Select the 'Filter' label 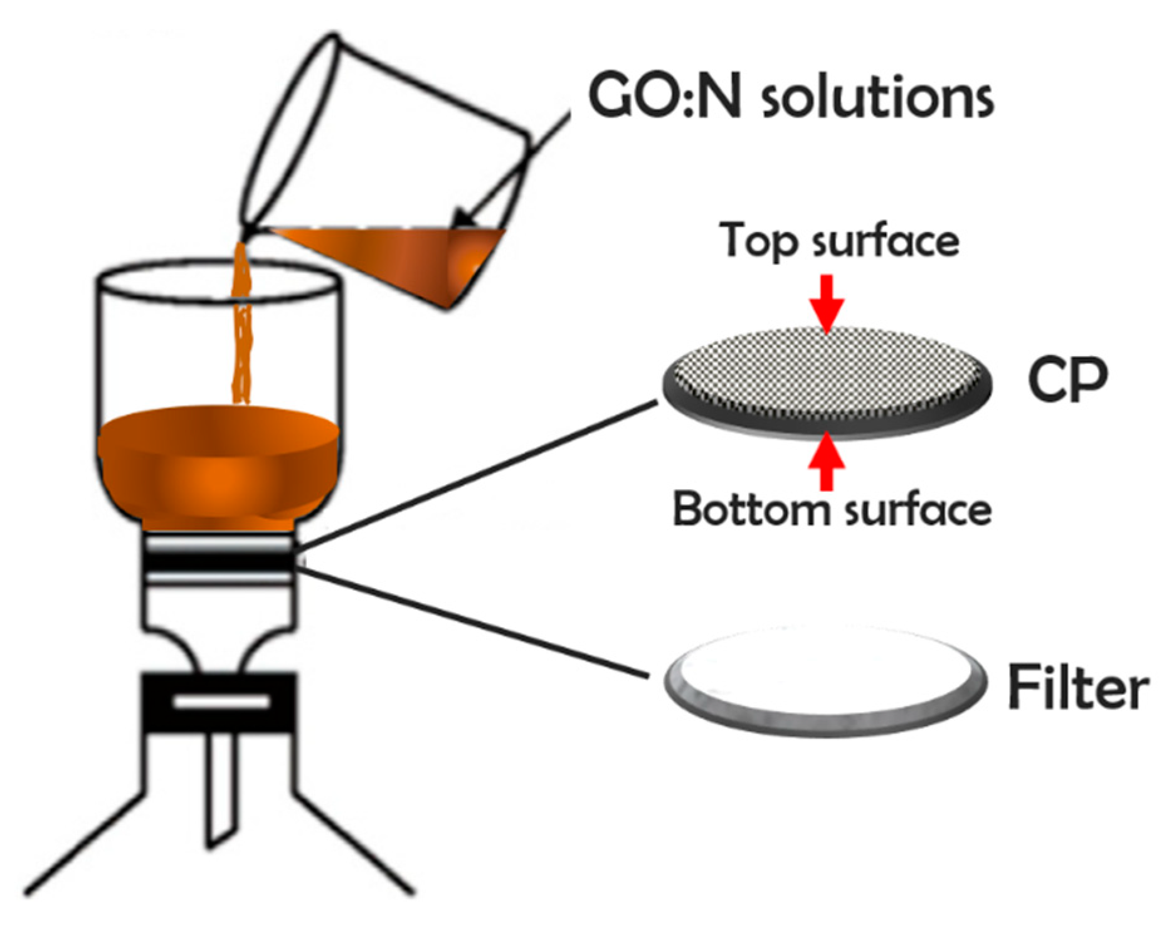pyautogui.click(x=1077, y=687)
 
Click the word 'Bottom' pyautogui.click(x=750, y=509)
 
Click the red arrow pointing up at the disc pyautogui.click(x=827, y=461)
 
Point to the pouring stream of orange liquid pyautogui.click(x=241, y=339)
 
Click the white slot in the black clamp pyautogui.click(x=221, y=701)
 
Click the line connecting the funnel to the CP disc pyautogui.click(x=477, y=477)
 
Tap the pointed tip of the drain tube pyautogui.click(x=213, y=843)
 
